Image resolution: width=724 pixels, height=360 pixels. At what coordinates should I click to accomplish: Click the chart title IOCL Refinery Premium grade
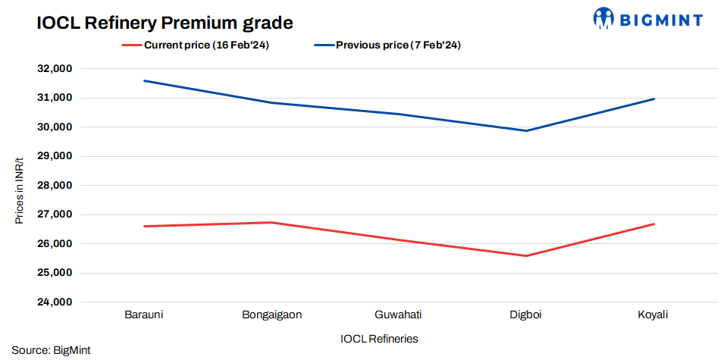(165, 23)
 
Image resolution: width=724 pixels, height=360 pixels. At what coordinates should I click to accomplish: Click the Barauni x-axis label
(143, 315)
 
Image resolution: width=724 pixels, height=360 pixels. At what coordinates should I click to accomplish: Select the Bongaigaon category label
(271, 315)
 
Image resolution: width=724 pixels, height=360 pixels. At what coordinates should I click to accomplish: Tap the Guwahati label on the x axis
(399, 315)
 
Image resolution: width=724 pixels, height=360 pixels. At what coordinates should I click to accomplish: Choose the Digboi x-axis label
(526, 315)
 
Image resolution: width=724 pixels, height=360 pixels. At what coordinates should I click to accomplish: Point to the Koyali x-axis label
(653, 315)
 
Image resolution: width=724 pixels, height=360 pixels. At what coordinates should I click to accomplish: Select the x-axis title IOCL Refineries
(379, 338)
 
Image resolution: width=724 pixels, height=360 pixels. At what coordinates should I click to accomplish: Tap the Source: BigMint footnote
(51, 351)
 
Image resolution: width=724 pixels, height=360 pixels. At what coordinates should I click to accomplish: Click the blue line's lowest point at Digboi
(526, 130)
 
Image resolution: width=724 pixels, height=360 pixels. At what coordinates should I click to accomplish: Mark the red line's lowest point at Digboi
(526, 255)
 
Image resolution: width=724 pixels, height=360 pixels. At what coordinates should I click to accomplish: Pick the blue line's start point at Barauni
(144, 81)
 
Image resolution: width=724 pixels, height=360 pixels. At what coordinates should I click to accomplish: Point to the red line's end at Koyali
(653, 224)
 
